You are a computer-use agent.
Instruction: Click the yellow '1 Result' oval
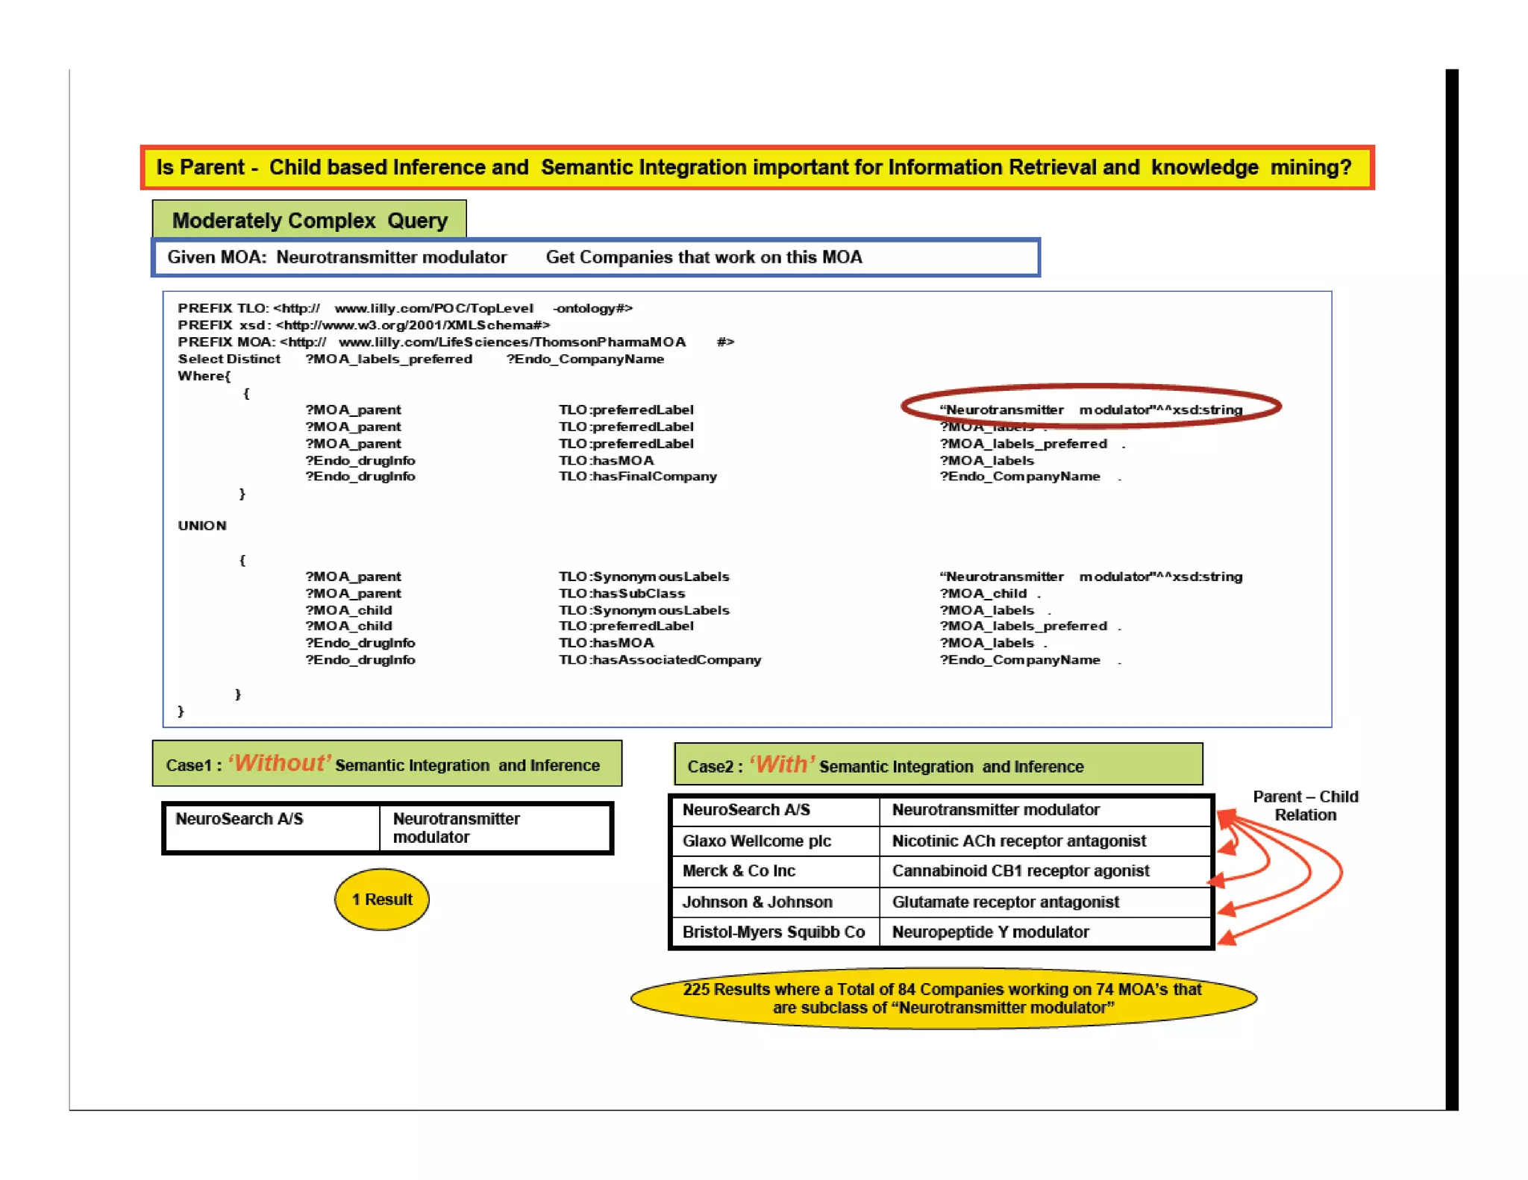tap(381, 899)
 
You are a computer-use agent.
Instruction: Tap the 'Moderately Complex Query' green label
tap(309, 220)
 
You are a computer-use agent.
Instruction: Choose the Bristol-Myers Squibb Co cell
tap(774, 932)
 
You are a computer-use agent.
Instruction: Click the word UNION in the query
tap(202, 526)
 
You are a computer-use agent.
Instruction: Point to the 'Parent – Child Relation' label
tap(1305, 806)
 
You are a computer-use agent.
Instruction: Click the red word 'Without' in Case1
tap(279, 763)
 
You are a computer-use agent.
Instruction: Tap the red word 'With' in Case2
tap(781, 765)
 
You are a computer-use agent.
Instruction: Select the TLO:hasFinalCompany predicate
tap(638, 477)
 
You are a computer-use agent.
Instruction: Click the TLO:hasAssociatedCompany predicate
tap(660, 660)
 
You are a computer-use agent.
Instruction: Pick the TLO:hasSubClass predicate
tap(621, 594)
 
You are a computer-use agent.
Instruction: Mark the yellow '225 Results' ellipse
tap(943, 999)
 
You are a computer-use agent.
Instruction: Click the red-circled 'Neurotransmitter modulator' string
tap(1091, 409)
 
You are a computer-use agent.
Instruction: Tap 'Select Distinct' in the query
tap(229, 359)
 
